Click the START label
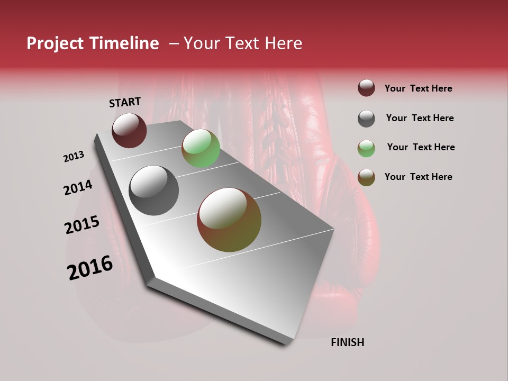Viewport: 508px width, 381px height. pos(125,102)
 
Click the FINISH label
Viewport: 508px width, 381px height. pos(347,342)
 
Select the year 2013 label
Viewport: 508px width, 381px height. pos(74,157)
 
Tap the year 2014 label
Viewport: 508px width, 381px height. pos(78,188)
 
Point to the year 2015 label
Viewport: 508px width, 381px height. pos(82,225)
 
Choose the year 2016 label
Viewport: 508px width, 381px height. pos(90,268)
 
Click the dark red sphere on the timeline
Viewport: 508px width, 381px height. pos(129,130)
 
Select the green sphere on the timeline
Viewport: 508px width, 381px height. pos(201,148)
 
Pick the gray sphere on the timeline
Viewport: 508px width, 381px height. pos(153,190)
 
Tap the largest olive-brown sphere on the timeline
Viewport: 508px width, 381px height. pos(229,220)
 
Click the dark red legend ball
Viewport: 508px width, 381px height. pos(366,88)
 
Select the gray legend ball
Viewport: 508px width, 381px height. pos(366,119)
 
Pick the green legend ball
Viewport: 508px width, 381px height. pos(366,148)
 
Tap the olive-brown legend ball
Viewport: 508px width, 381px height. pos(366,177)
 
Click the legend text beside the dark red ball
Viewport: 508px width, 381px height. pos(418,88)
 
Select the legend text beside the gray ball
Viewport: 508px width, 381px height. pos(420,118)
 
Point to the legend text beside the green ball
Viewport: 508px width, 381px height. pos(421,147)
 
